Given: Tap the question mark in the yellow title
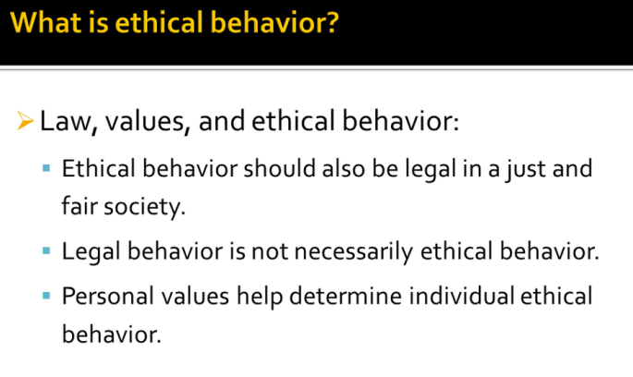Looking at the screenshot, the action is (332, 22).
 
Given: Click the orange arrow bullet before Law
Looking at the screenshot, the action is (25, 121).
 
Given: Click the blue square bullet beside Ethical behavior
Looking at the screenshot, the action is (46, 168).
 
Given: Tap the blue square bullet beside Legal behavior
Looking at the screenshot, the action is (46, 251).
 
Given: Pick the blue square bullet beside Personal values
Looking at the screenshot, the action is (46, 296).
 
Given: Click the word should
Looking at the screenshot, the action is (279, 168).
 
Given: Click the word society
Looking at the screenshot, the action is (144, 207).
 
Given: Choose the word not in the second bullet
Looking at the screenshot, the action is (270, 252).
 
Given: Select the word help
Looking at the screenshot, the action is (260, 297).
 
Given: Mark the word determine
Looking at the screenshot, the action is (346, 296).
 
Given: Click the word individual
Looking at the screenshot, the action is (461, 296).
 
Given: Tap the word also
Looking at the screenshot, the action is (344, 168).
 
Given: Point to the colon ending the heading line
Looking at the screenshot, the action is (456, 123).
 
